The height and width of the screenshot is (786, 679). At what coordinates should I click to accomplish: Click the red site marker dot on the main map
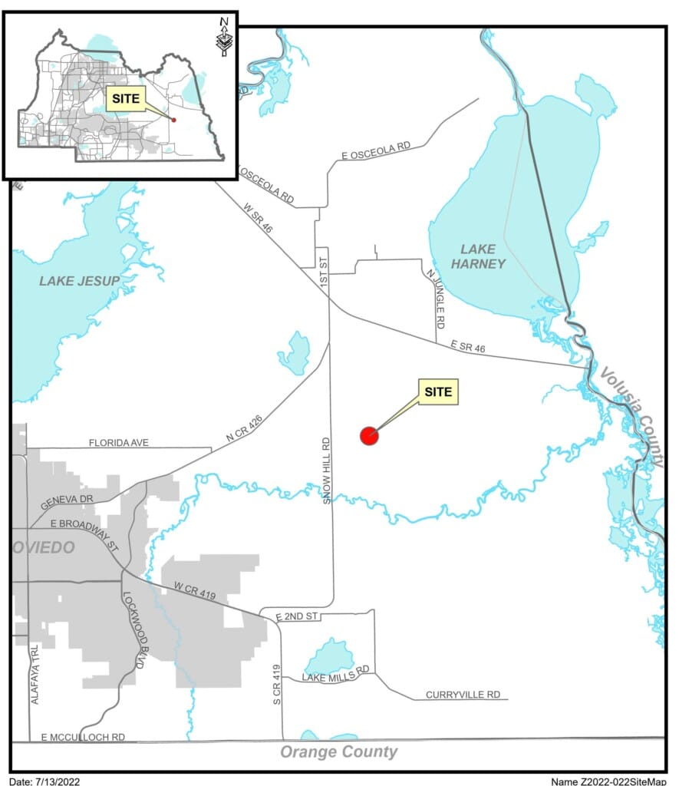click(x=369, y=436)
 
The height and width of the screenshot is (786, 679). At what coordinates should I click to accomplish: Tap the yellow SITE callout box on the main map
click(x=439, y=391)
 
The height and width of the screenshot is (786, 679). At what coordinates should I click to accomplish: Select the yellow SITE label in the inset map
click(x=125, y=99)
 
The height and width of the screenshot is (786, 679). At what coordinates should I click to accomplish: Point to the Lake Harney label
click(x=483, y=256)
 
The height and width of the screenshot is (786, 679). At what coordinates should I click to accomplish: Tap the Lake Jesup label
click(x=80, y=281)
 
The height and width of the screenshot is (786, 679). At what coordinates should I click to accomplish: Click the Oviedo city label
click(x=44, y=547)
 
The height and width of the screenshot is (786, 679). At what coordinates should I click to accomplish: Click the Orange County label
click(x=338, y=751)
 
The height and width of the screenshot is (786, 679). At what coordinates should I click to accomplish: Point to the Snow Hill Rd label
click(x=326, y=471)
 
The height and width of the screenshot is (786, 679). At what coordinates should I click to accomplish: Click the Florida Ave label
click(x=118, y=443)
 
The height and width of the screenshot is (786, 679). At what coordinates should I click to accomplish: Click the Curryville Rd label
click(x=463, y=695)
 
